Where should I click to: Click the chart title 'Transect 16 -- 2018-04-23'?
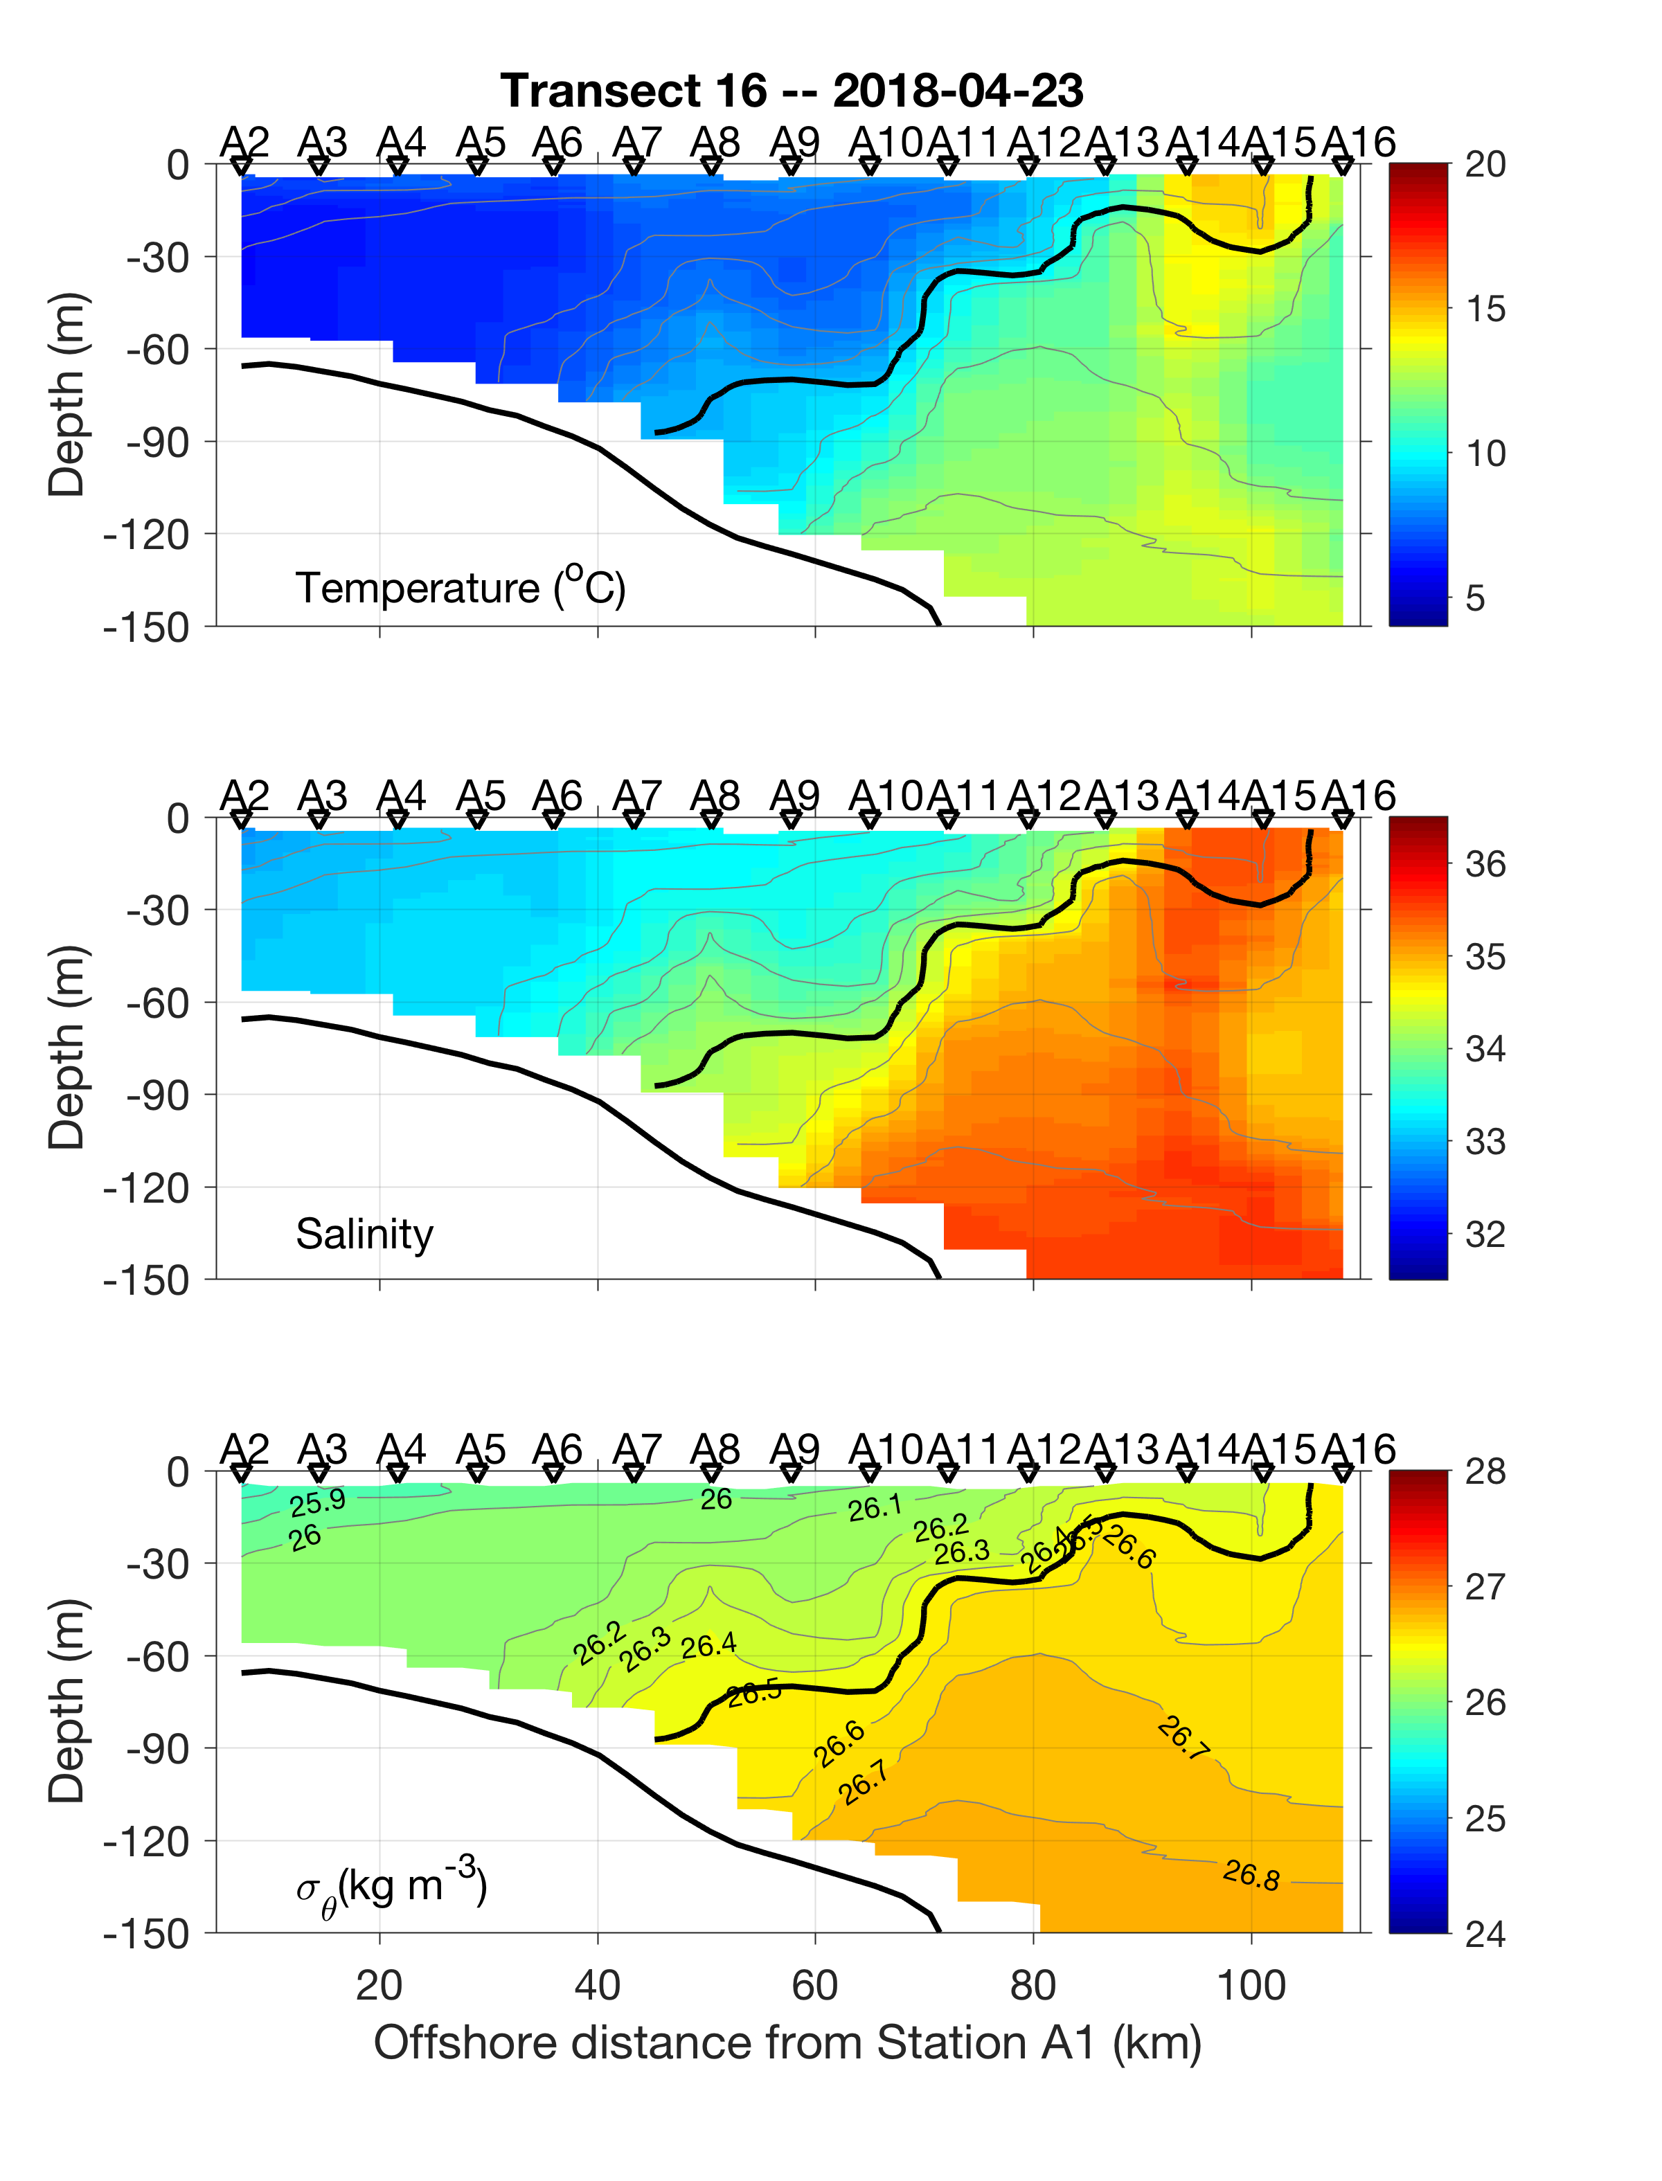tap(792, 91)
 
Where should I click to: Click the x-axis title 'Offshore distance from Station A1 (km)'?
tap(787, 2043)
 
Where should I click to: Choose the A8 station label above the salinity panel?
tap(714, 796)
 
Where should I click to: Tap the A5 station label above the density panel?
tap(480, 1450)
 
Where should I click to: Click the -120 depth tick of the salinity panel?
tap(146, 1188)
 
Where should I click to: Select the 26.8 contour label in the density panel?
tap(1251, 1874)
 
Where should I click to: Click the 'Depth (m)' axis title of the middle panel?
tap(67, 1048)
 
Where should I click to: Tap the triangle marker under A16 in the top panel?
tap(1343, 168)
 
